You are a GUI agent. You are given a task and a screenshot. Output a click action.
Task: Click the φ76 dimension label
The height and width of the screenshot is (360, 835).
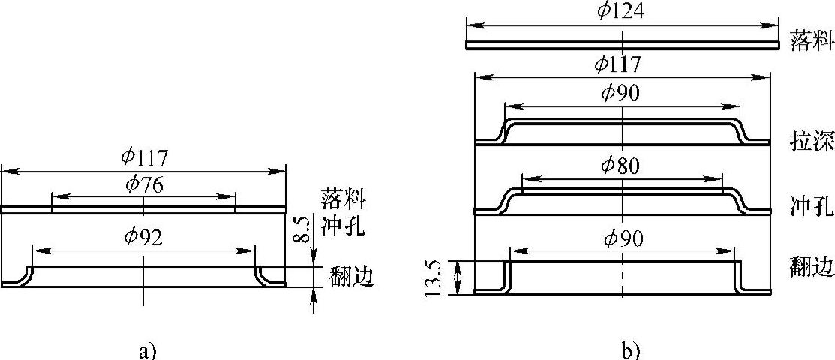(x=143, y=184)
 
